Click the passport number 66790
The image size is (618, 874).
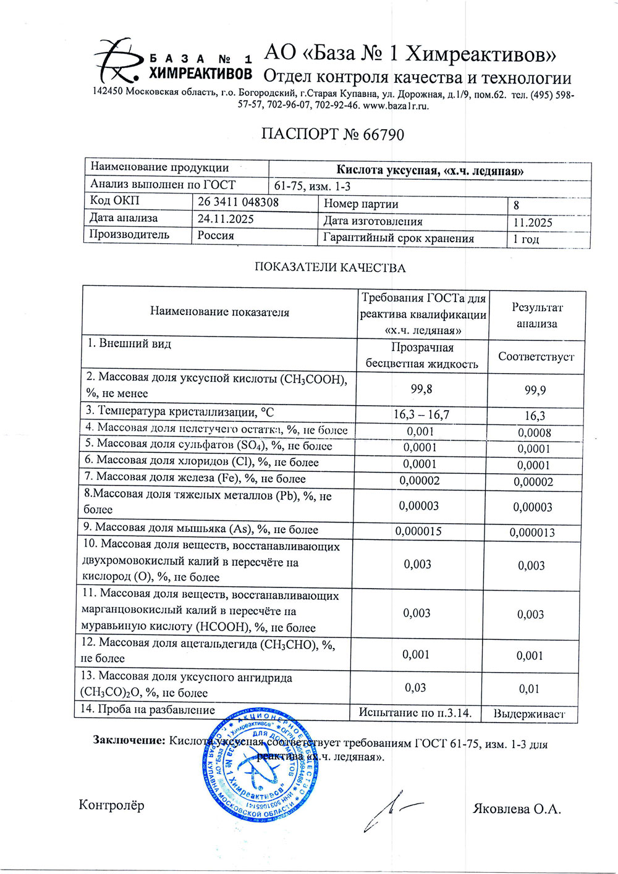click(x=383, y=135)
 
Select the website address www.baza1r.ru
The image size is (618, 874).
click(x=396, y=106)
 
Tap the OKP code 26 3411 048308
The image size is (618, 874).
click(x=238, y=202)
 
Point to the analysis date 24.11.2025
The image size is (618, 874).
click(x=226, y=219)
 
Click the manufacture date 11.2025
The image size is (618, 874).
click(x=533, y=222)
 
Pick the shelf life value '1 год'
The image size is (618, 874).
click(x=526, y=239)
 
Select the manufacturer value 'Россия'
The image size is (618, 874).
click(x=216, y=235)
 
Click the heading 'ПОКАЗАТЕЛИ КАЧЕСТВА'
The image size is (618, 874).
click(x=330, y=267)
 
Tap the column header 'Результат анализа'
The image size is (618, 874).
click(x=536, y=315)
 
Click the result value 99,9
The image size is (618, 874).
click(x=535, y=390)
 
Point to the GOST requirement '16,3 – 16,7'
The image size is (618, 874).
click(x=421, y=414)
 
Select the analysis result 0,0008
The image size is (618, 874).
click(x=535, y=433)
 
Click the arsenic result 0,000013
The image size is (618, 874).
click(x=532, y=532)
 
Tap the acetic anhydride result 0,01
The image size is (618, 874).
click(x=530, y=689)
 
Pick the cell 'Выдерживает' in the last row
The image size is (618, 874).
click(x=529, y=714)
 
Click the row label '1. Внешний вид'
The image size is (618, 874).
click(x=129, y=344)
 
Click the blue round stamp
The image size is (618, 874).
click(x=260, y=763)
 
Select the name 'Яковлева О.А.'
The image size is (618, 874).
click(x=517, y=809)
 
